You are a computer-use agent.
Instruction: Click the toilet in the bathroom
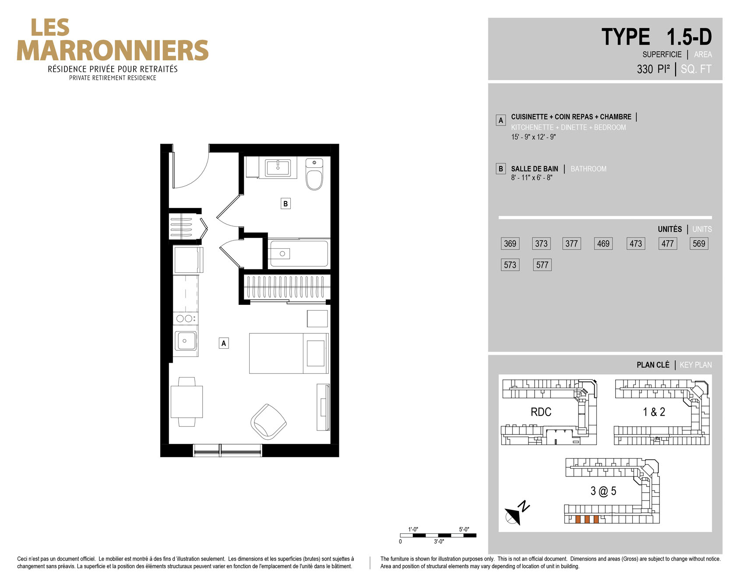314,174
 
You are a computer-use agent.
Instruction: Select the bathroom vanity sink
278,168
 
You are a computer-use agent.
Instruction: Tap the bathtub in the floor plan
298,254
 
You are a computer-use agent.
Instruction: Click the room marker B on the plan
285,204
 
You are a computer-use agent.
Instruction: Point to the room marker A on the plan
224,343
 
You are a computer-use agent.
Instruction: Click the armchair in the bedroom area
268,421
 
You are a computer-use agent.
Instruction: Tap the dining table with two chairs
187,402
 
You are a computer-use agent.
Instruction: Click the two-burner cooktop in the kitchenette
185,318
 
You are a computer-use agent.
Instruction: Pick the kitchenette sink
185,341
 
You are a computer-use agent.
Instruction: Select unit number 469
603,244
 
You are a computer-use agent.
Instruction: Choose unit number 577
542,265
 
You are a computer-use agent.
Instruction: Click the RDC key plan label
541,412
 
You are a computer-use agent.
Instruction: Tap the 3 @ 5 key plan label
603,491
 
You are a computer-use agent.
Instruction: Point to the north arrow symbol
515,513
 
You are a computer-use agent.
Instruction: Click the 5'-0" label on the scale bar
464,529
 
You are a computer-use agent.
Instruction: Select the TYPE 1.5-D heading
656,37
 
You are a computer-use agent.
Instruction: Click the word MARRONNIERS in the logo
113,50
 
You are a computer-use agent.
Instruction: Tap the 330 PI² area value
653,69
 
